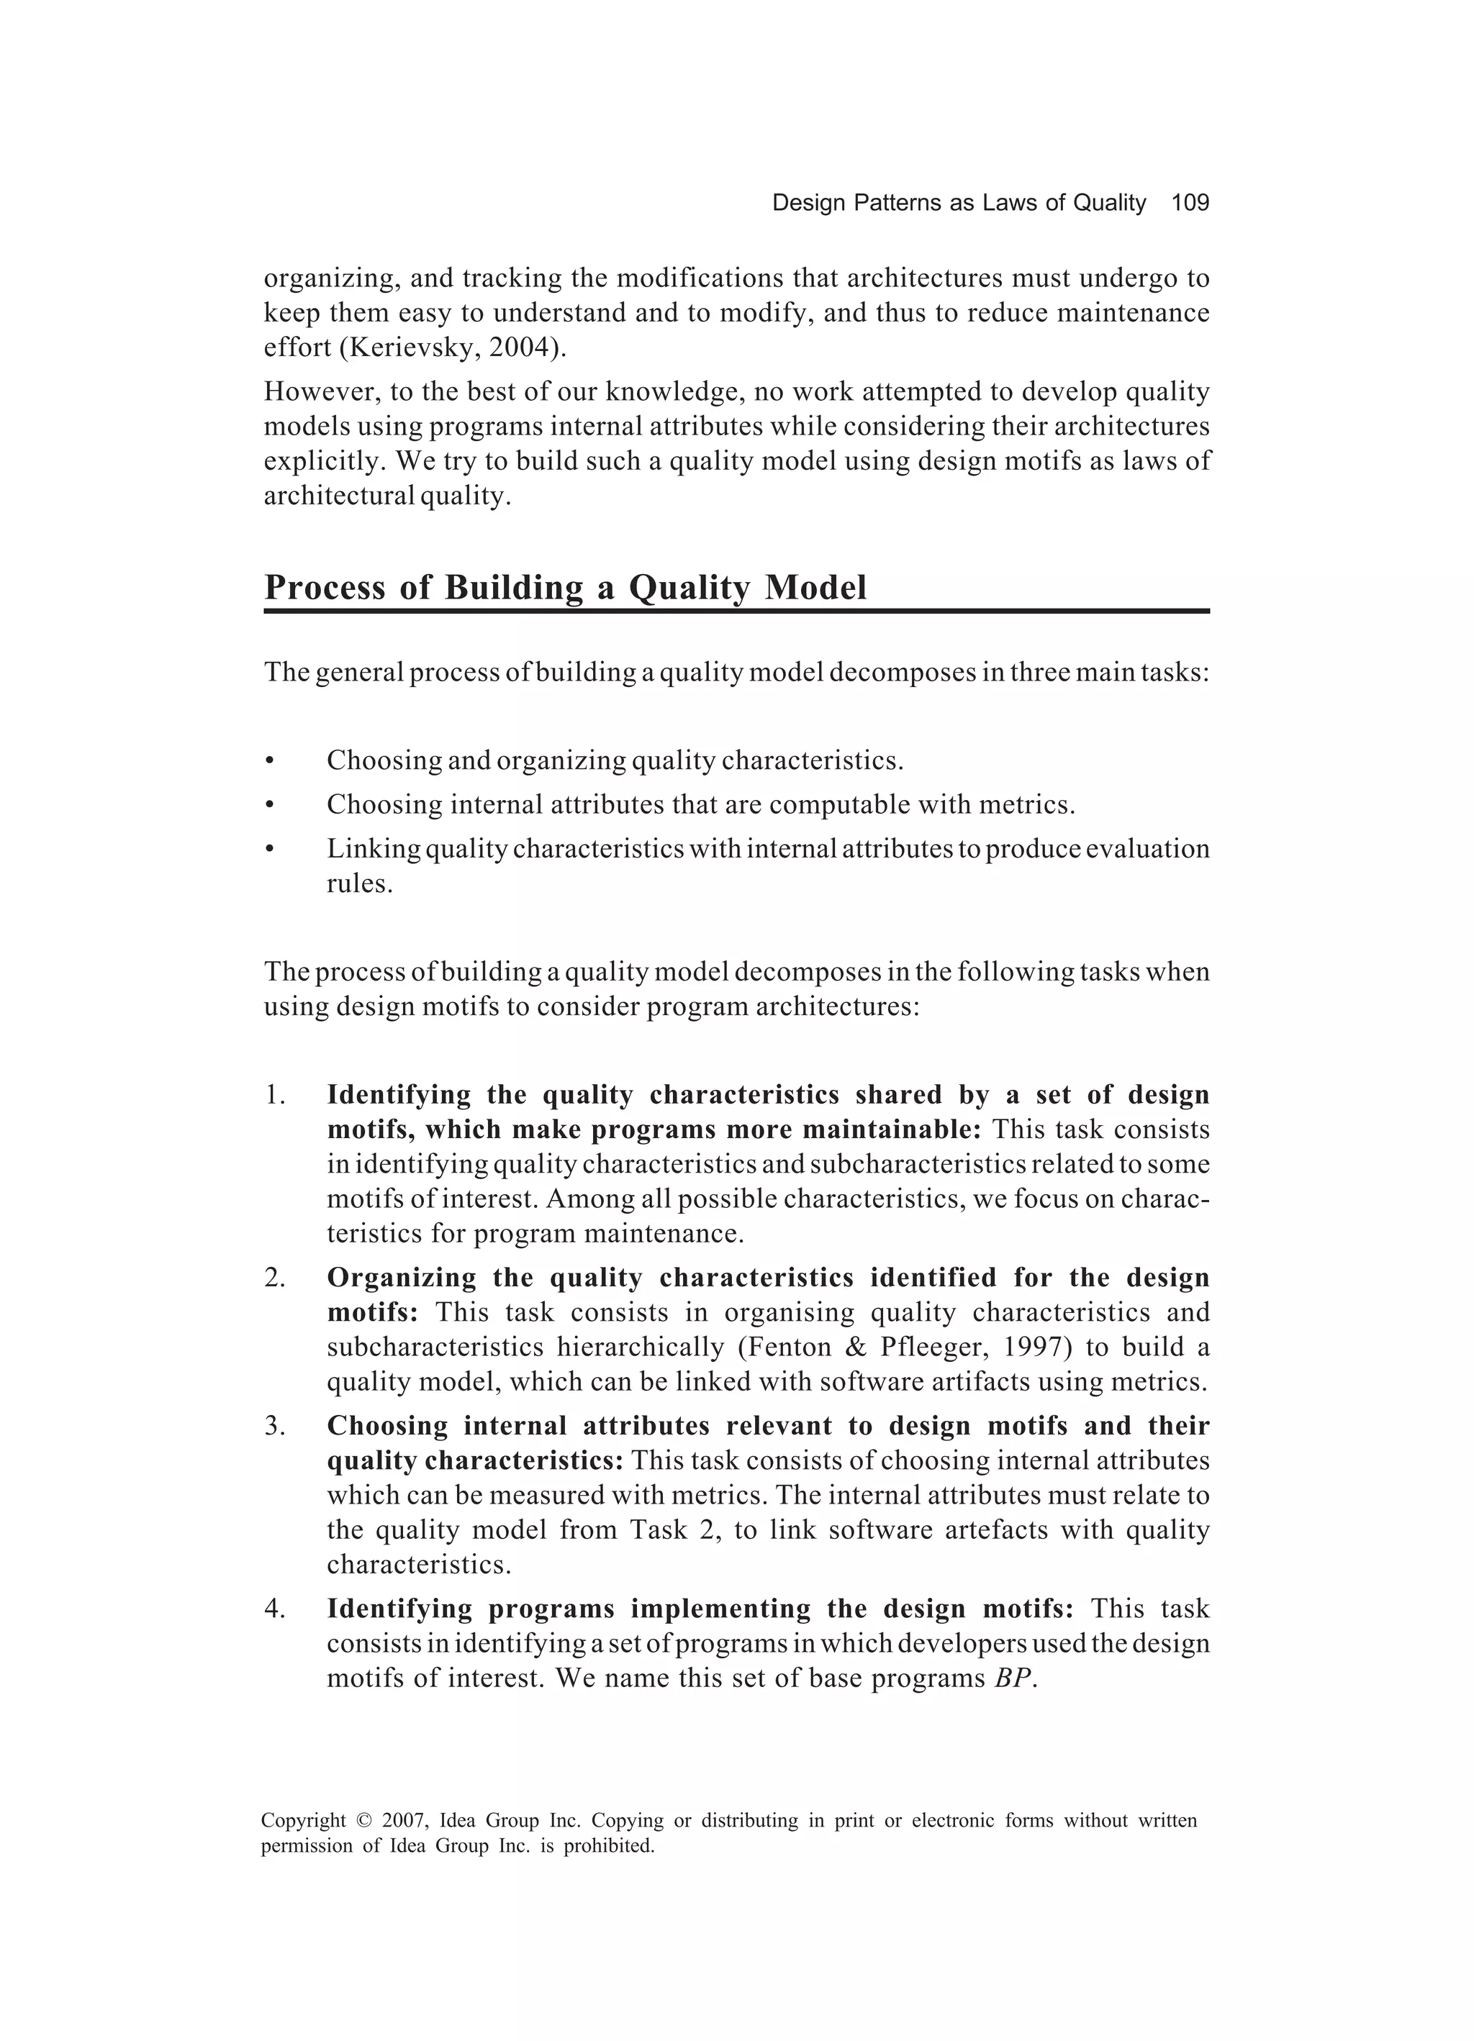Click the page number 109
click(x=1190, y=204)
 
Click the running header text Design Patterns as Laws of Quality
click(x=958, y=204)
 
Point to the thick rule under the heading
click(x=736, y=612)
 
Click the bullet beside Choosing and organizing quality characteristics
click(x=268, y=762)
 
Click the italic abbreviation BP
click(x=1012, y=1679)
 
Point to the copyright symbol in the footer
click(x=363, y=1822)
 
